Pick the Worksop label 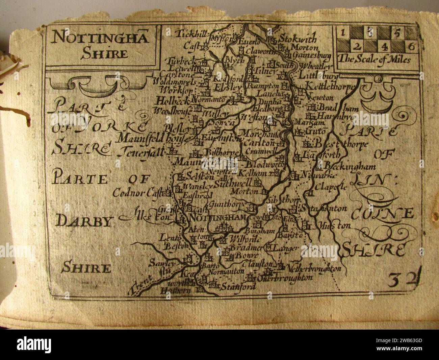173,91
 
